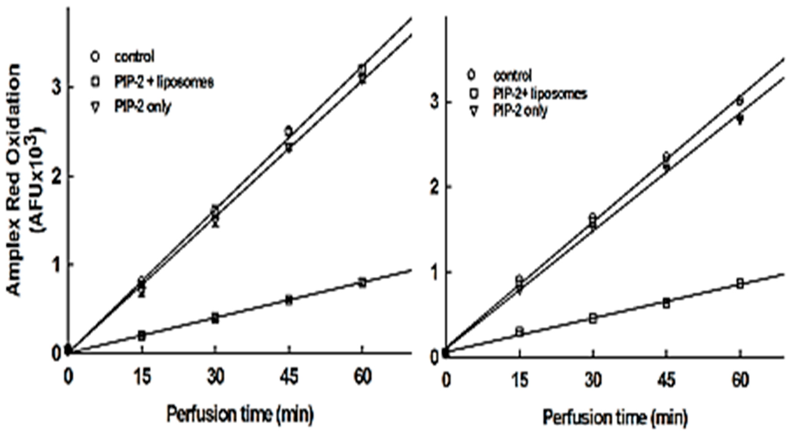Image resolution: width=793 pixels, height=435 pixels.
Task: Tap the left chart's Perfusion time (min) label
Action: click(x=240, y=414)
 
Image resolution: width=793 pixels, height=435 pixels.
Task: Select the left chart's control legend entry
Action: click(x=134, y=57)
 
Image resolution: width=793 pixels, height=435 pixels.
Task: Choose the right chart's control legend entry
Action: click(x=512, y=75)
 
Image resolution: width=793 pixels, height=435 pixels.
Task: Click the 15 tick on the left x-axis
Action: click(x=142, y=377)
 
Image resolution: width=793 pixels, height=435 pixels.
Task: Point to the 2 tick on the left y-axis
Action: click(x=57, y=177)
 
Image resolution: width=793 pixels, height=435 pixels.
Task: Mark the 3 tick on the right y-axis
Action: click(x=434, y=102)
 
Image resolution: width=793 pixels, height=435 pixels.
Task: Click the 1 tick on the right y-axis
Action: click(x=434, y=272)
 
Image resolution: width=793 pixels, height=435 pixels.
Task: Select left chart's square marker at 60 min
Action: click(x=363, y=283)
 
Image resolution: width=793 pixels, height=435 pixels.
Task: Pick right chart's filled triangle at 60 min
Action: click(x=740, y=119)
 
